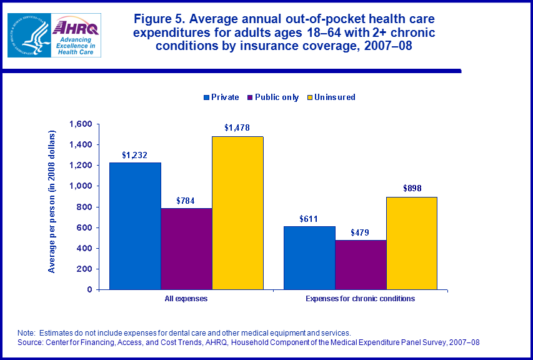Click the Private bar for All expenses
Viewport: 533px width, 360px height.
coord(135,226)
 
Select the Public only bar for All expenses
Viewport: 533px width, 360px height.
coord(186,249)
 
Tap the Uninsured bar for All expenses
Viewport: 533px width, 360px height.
coord(237,212)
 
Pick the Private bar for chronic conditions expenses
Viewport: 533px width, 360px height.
coord(309,257)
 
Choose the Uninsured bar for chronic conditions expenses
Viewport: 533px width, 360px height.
coord(411,243)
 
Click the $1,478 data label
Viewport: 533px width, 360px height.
coord(237,128)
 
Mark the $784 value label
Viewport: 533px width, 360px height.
coord(186,200)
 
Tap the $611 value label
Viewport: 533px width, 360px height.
coord(309,218)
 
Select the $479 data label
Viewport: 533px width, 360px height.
coord(361,232)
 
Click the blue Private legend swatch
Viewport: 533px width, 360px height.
coord(206,97)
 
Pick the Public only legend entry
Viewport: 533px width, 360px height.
coord(276,97)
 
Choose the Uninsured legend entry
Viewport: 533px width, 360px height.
coord(334,97)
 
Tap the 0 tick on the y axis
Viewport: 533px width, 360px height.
coord(89,289)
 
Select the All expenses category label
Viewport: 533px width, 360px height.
coord(186,299)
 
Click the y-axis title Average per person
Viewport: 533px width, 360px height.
coord(52,201)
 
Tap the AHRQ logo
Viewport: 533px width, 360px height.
coord(76,36)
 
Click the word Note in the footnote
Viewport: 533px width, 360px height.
coord(27,332)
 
